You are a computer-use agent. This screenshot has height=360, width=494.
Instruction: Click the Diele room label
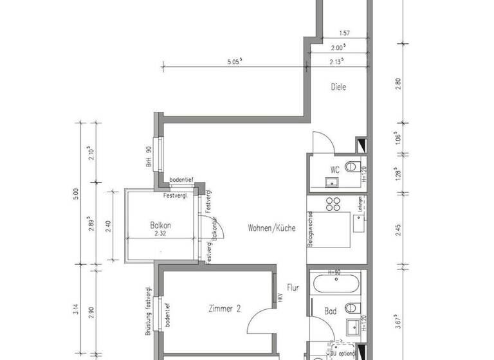point(338,87)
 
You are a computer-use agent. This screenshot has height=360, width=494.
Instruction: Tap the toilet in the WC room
point(352,168)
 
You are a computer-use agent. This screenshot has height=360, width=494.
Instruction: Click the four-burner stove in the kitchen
point(334,204)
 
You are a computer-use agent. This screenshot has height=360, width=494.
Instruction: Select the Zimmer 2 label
point(224,309)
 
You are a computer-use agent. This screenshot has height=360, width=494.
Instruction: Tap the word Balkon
point(160,226)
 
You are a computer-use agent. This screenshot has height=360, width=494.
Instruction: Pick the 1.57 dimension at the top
point(344,33)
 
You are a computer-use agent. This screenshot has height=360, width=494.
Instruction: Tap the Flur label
point(293,289)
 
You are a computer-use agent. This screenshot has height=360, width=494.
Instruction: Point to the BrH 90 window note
point(148,156)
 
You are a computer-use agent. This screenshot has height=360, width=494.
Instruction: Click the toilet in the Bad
point(352,307)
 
